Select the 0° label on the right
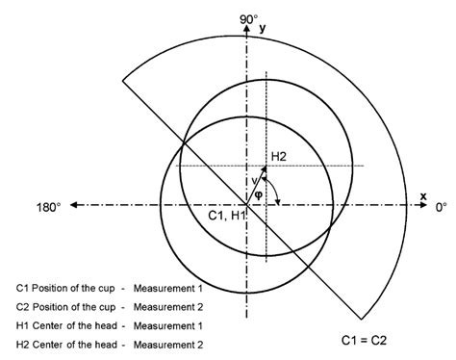pos(442,206)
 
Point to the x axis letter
pos(422,195)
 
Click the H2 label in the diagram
pos(280,155)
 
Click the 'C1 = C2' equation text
pos(367,339)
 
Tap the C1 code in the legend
pos(24,288)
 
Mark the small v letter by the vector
pos(253,180)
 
